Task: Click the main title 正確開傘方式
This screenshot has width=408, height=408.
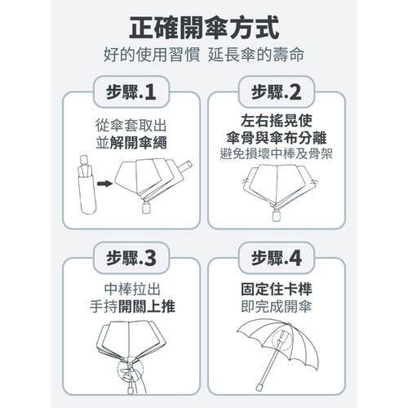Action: [204, 28]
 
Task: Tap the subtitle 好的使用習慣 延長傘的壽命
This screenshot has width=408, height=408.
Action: [204, 55]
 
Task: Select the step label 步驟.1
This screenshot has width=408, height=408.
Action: [131, 92]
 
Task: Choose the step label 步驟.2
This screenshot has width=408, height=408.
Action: [277, 92]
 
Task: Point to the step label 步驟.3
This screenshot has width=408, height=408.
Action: [131, 259]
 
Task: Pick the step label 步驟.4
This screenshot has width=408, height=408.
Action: [277, 259]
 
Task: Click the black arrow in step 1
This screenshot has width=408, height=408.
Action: [104, 184]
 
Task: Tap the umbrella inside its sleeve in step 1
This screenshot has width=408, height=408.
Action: [86, 184]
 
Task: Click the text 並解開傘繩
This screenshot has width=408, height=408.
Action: [131, 143]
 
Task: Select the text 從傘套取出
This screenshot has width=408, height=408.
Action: [131, 126]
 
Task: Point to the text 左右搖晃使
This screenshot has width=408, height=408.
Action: [277, 121]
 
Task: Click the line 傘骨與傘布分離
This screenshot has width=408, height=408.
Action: [277, 138]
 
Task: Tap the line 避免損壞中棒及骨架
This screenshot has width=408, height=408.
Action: [277, 154]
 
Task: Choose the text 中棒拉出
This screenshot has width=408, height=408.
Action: [132, 289]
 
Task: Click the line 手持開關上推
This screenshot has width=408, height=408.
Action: [132, 307]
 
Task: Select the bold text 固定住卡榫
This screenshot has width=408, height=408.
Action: [277, 289]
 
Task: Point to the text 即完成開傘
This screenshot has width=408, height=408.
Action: [277, 307]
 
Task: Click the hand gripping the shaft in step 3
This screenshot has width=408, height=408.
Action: [128, 375]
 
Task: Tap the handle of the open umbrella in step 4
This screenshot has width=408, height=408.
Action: [259, 387]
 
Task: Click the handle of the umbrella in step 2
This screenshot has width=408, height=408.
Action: [277, 215]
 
